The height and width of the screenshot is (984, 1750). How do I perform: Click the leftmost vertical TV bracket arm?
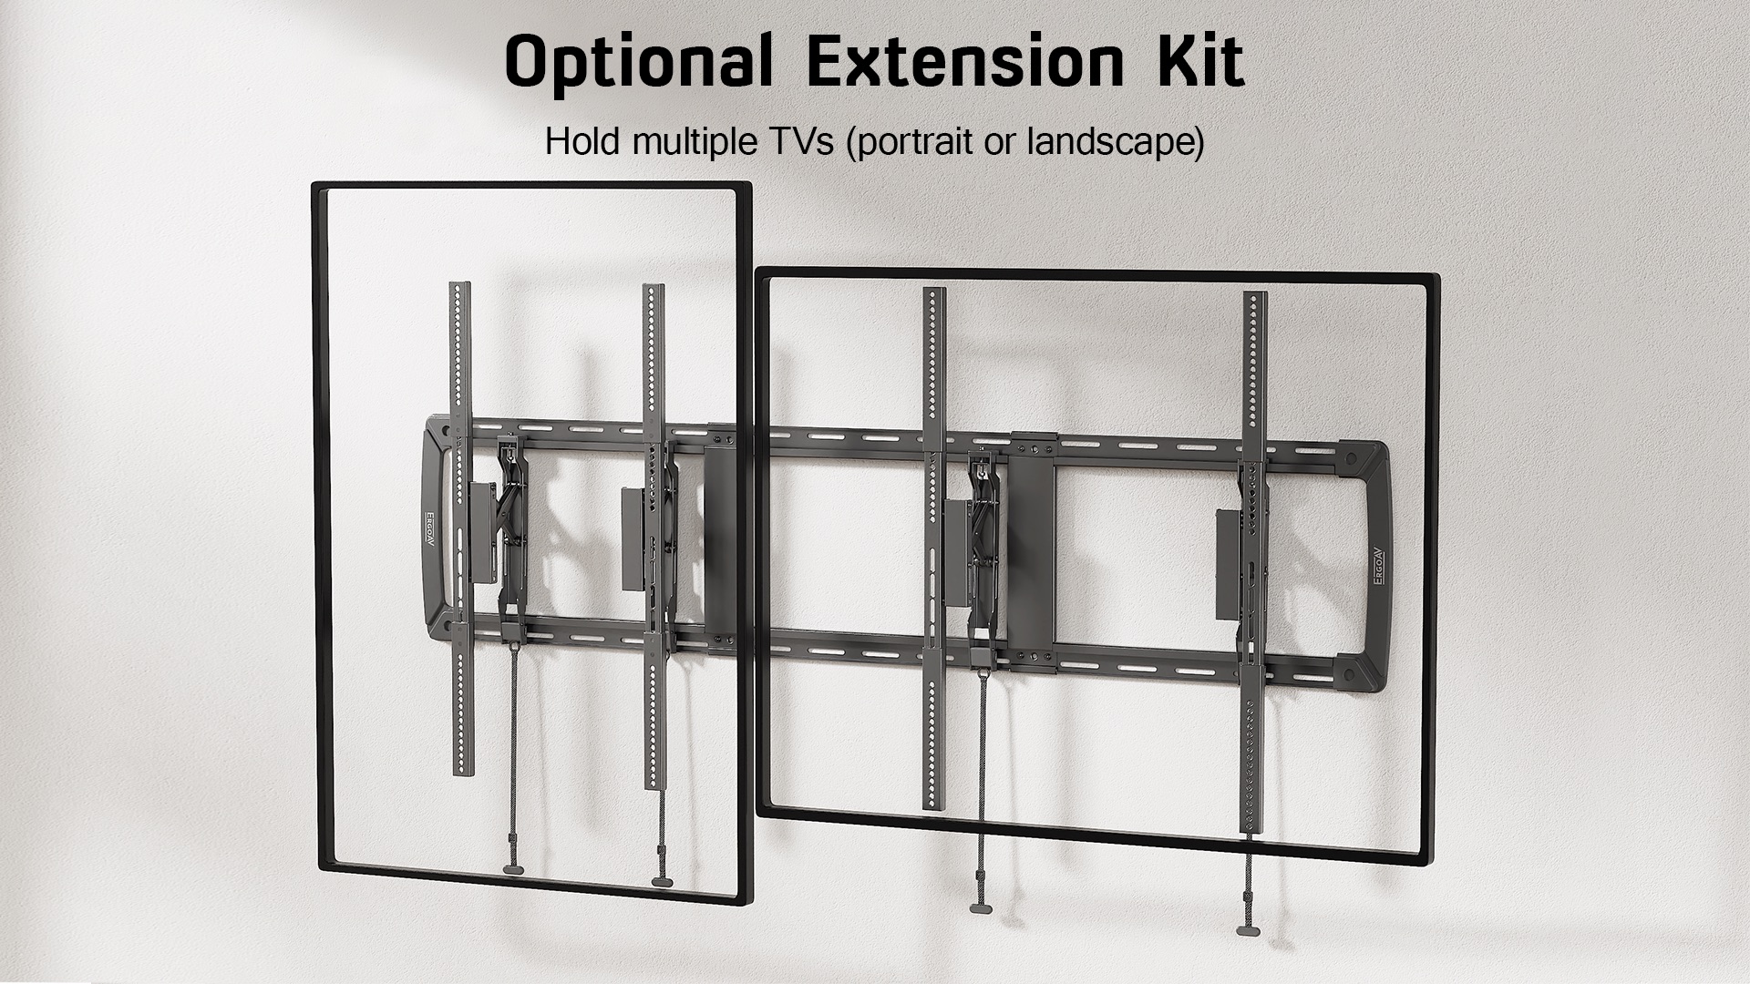(x=461, y=528)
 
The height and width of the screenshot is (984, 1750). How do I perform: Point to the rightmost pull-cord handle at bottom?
(x=1248, y=930)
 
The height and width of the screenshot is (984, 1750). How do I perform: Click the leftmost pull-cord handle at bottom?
(x=515, y=870)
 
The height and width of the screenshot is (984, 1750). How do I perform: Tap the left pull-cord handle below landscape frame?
(x=982, y=907)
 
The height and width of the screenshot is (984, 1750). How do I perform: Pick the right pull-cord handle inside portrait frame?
(x=662, y=881)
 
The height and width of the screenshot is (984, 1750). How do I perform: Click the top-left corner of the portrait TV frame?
(x=314, y=185)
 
